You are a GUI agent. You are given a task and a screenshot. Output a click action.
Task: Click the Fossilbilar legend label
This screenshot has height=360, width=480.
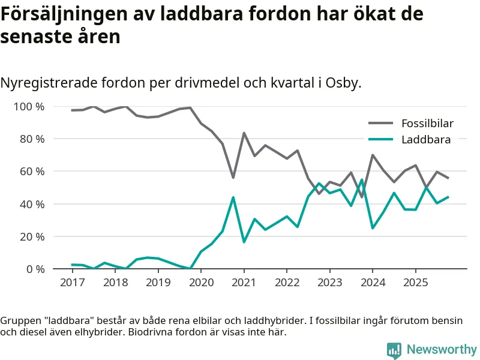click(x=427, y=124)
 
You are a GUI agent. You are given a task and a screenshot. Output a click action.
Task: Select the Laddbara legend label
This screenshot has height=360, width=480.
click(x=426, y=139)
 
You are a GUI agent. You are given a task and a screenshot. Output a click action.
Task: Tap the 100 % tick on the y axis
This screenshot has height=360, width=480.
click(x=29, y=107)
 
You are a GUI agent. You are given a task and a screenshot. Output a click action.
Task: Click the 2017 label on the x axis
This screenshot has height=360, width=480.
click(x=72, y=282)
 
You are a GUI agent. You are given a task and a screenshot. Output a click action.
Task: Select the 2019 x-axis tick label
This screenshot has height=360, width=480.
click(x=158, y=282)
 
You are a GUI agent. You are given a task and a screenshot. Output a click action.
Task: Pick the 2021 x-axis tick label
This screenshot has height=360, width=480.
click(x=244, y=282)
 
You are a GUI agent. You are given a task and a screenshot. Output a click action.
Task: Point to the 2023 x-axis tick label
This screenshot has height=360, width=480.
click(x=329, y=282)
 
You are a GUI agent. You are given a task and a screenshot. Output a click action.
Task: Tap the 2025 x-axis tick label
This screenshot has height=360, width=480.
click(x=415, y=282)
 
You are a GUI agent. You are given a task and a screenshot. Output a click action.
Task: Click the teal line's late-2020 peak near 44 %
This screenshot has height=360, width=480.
click(x=233, y=197)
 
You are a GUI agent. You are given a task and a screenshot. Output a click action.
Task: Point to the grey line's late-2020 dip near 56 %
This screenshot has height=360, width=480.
click(x=233, y=178)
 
